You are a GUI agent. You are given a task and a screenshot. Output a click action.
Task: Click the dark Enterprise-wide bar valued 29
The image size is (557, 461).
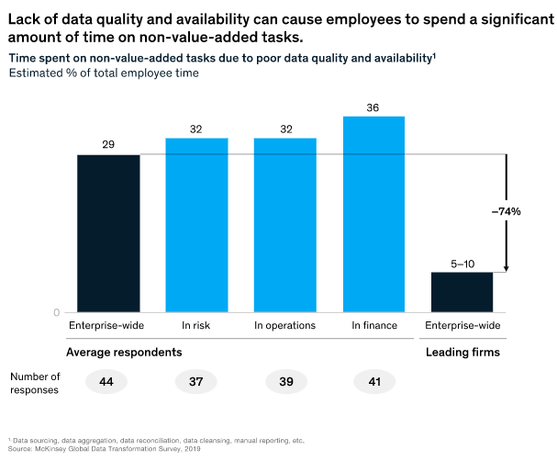tap(108, 233)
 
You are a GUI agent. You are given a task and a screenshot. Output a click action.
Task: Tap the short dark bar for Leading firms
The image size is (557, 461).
tap(462, 292)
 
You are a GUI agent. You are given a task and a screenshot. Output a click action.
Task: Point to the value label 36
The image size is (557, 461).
tap(373, 107)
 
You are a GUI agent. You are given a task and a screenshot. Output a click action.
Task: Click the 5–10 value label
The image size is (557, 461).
tap(462, 264)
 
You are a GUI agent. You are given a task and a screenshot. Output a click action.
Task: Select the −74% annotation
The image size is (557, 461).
tap(506, 211)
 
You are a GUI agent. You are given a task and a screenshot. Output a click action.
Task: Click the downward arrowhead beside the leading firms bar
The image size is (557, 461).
tap(506, 268)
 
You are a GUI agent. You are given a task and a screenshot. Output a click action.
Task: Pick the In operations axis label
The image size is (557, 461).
tap(284, 325)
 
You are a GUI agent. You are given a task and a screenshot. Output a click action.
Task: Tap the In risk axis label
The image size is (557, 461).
tap(196, 325)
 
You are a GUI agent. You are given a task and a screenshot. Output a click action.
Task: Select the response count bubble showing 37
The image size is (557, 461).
tap(196, 381)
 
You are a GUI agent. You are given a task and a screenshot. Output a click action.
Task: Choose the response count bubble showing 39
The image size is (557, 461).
tap(284, 381)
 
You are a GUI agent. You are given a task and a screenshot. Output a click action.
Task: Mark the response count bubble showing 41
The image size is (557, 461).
tap(373, 381)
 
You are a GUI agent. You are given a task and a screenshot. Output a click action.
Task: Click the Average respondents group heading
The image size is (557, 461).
tap(124, 352)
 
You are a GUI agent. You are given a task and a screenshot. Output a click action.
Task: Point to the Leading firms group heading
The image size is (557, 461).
tap(462, 352)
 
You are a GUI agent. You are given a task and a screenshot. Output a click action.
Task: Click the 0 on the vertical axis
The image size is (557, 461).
tap(56, 313)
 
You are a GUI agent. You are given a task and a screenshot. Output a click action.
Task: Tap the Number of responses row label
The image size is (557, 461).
tap(35, 382)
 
